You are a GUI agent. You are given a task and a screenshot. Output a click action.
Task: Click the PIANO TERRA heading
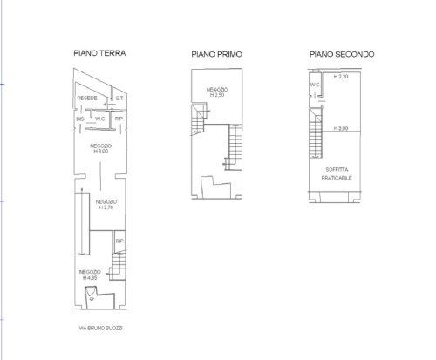(x=99, y=52)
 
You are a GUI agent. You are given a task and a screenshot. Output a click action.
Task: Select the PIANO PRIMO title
(x=216, y=54)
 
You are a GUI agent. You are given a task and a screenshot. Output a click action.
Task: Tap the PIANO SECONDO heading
(x=342, y=53)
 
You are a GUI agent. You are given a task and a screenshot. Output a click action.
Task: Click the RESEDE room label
(x=87, y=99)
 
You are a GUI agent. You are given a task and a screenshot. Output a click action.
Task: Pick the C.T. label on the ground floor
(x=119, y=99)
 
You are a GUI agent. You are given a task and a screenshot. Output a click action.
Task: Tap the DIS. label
(x=80, y=119)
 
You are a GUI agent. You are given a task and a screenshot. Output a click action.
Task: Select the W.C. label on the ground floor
(x=100, y=119)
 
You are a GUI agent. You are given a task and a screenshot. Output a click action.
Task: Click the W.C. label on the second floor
(x=315, y=84)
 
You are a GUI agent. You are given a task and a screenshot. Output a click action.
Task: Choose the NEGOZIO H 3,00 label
(x=101, y=148)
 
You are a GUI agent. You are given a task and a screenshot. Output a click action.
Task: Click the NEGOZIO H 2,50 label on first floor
(x=218, y=92)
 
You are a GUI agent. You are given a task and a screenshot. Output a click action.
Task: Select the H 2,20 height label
(x=341, y=78)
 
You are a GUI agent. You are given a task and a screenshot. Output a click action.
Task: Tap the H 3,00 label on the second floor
(x=341, y=129)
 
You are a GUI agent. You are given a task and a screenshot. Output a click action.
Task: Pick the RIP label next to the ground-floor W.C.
(x=119, y=119)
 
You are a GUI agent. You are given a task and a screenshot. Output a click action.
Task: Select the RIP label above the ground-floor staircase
(x=119, y=241)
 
